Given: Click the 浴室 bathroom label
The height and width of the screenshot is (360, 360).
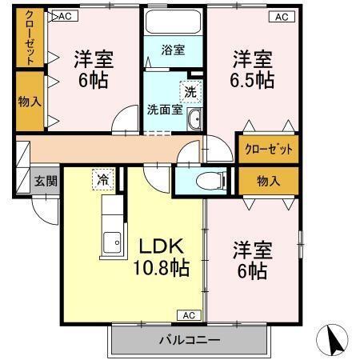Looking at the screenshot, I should coord(174,50).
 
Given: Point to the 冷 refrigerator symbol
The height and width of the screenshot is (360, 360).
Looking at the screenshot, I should coord(102,179).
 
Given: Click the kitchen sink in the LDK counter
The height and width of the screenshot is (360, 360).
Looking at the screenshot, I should coord(113,241).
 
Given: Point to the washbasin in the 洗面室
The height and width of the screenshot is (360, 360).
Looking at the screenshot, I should coord(194,120).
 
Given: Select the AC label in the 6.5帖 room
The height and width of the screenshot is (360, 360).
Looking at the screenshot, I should coord(282,16).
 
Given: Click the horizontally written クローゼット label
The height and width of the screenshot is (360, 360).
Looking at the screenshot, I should coord(268,150).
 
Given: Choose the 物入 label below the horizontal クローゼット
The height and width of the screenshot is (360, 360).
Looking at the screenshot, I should coord(268,181).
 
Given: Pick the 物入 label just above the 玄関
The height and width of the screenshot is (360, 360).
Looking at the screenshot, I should coord(30,102).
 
